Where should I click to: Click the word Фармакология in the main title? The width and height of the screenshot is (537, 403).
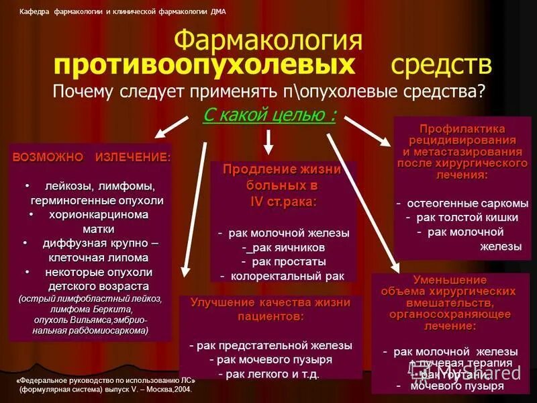click(268, 42)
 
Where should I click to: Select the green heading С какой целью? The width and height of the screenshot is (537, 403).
click(269, 115)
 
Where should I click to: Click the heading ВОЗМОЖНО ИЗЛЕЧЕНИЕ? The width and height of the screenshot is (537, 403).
click(91, 156)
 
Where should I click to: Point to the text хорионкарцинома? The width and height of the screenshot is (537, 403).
click(99, 214)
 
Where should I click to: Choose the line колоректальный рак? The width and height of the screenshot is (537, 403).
click(283, 275)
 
